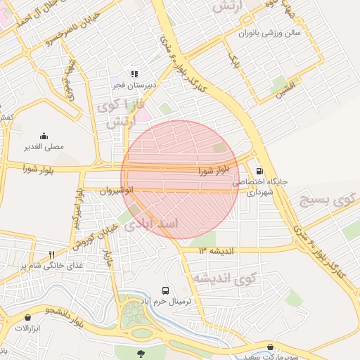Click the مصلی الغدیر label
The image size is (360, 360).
[44, 147]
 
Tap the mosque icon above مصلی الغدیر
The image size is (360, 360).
[44, 136]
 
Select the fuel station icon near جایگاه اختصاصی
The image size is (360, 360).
[259, 170]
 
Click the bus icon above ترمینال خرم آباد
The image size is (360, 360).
[165, 290]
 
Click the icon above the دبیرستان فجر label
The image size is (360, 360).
[133, 74]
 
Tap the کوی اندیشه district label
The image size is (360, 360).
[224, 278]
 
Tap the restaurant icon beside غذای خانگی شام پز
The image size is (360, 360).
[51, 255]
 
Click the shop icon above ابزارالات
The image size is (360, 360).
[27, 318]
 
